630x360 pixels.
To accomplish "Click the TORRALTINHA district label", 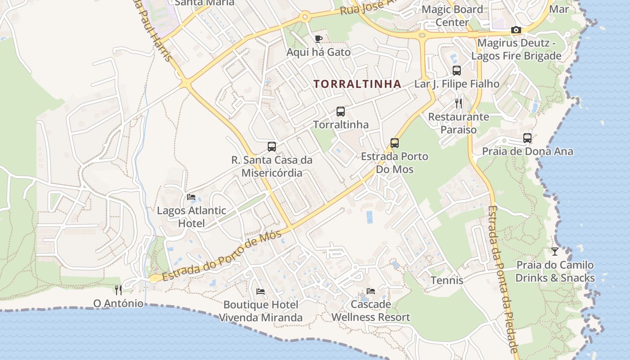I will (x=357, y=84).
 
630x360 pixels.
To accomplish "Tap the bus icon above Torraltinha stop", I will (x=341, y=112).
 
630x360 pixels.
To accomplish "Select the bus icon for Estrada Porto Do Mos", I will (x=395, y=143).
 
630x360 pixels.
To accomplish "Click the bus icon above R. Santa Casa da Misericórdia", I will (x=272, y=146).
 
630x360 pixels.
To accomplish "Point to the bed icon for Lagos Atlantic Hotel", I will (x=191, y=197).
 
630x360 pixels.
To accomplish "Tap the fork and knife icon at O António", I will (x=118, y=289).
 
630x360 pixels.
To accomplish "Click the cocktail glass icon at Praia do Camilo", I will (x=555, y=252).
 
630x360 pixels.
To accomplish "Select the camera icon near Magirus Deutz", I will (x=516, y=30).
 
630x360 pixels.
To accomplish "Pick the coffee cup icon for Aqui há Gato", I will (x=319, y=39).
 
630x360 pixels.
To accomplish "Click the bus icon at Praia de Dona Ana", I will (x=527, y=138).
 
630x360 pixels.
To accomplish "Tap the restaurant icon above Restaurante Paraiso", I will (x=459, y=103).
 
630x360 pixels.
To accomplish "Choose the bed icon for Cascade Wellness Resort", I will (x=371, y=291).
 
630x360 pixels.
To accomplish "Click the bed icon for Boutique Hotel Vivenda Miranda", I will (x=261, y=292).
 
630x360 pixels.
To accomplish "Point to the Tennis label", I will (x=447, y=280).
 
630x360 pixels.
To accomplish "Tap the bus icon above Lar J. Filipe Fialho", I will (x=457, y=71).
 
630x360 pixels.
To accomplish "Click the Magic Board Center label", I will (x=452, y=15).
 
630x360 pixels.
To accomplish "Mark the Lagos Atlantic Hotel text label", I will (x=191, y=216).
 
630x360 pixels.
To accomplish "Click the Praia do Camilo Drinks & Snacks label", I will (x=555, y=271).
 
